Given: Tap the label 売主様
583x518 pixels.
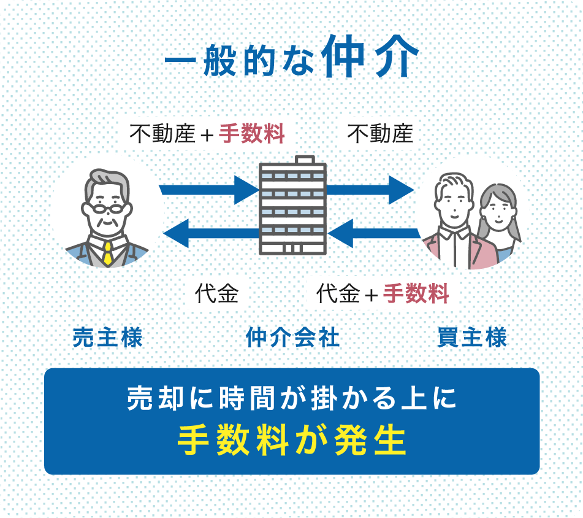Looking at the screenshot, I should pyautogui.click(x=108, y=338).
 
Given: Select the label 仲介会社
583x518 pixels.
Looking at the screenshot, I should pyautogui.click(x=292, y=338).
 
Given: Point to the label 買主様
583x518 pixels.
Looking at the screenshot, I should pyautogui.click(x=472, y=338).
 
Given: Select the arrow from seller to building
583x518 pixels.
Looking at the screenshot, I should pyautogui.click(x=208, y=189).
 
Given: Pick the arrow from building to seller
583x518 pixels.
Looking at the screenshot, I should pyautogui.click(x=211, y=233).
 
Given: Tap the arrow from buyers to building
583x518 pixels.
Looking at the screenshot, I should pyautogui.click(x=374, y=233).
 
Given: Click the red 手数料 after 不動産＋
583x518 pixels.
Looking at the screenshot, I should pyautogui.click(x=252, y=134).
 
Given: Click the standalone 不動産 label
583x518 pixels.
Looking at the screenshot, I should pyautogui.click(x=380, y=134).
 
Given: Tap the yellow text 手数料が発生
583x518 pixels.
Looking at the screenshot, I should pyautogui.click(x=292, y=439).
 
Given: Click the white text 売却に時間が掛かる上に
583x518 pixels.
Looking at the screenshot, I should pyautogui.click(x=292, y=399).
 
